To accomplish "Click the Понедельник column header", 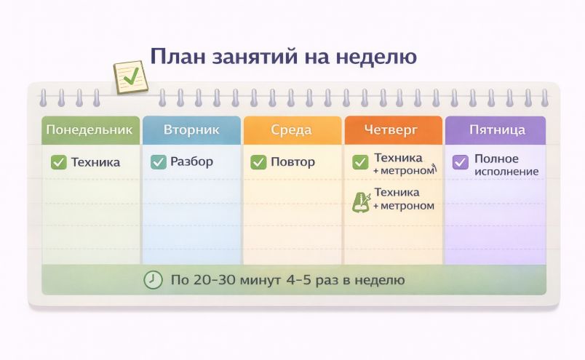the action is pos(90,130).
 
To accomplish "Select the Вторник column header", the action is pos(191,130).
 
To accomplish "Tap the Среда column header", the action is pos(292,130).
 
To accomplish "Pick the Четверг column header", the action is pos(393,130).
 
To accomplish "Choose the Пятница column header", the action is pos(496,130).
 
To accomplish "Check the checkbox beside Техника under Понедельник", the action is pos(59,162).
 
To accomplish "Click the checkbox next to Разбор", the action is pos(159,162).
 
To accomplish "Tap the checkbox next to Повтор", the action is pos(258,162).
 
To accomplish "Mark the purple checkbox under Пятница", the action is pos(461,162).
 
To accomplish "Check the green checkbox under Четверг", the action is pos(360,162).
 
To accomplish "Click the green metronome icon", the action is pos(361,202).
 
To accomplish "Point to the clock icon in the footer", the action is pos(153,280).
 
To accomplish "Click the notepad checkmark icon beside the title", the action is pos(130,77).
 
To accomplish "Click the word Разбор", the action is pos(192,161).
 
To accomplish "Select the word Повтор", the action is pos(293,162).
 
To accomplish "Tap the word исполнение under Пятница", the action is pos(506,172).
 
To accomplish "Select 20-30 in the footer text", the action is pos(214,280).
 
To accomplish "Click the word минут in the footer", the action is pos(260,280).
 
